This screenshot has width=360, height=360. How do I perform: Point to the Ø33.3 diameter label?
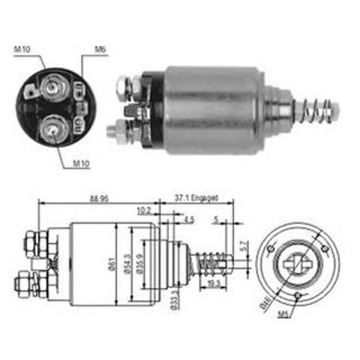(x=174, y=298)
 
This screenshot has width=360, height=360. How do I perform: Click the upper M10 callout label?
(x=22, y=49)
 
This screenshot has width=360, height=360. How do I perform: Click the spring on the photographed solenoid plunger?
(x=314, y=111)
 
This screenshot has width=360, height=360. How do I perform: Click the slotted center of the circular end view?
(x=296, y=265)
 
